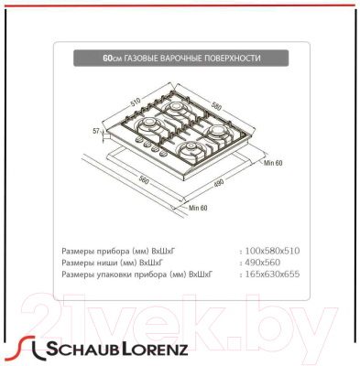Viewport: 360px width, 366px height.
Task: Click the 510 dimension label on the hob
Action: tap(136, 102)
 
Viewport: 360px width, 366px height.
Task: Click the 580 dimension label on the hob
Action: tap(216, 106)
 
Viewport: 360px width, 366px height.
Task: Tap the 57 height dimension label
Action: tap(96, 131)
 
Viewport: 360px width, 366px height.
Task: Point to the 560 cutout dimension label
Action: tap(144, 180)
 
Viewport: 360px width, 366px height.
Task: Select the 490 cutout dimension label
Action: tap(219, 183)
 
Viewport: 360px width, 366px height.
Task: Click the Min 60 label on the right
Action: tap(273, 163)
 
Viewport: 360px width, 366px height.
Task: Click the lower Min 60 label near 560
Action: tap(198, 208)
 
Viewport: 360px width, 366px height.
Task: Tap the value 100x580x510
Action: tap(272, 251)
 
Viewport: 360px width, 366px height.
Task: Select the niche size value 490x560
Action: tap(263, 263)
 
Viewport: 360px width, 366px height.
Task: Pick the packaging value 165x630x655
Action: tap(272, 274)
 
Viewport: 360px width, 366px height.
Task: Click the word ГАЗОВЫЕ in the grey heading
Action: tap(140, 58)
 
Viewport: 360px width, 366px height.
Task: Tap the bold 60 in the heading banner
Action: tap(108, 58)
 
